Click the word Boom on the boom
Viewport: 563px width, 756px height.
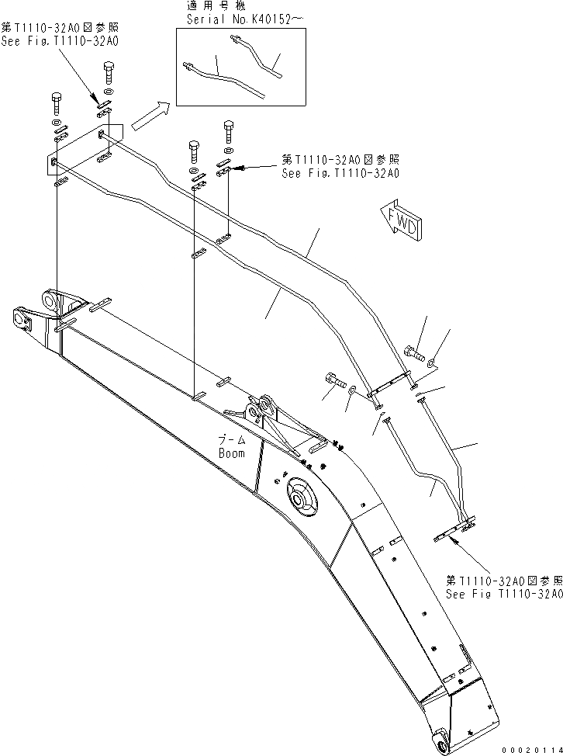click(231, 453)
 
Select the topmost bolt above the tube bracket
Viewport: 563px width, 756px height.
click(108, 76)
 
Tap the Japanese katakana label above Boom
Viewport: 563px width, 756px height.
click(231, 439)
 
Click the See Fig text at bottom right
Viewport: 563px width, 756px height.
click(503, 594)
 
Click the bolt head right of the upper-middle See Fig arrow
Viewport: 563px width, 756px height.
click(228, 127)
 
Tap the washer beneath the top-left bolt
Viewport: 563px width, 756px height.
click(58, 123)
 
